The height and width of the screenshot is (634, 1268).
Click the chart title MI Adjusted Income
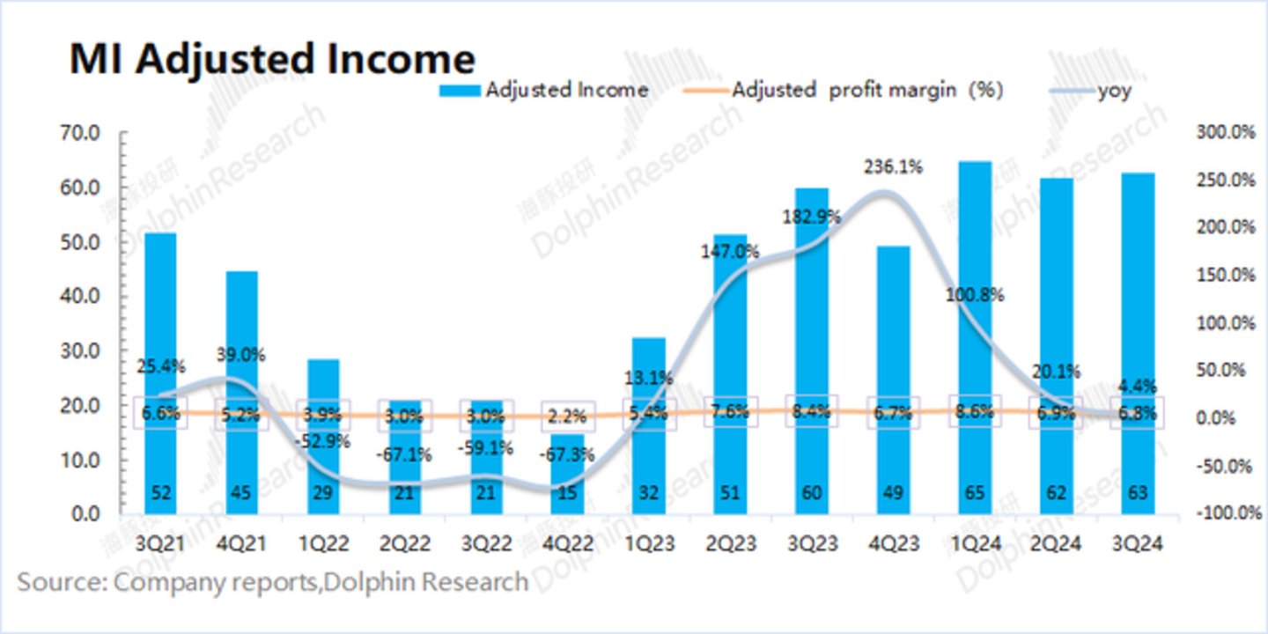pos(272,59)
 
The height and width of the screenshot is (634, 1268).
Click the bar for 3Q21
pos(160,370)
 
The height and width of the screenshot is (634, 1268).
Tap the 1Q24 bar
pos(974,335)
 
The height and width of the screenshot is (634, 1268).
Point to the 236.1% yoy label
pos(893,166)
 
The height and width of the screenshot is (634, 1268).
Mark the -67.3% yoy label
pos(567,455)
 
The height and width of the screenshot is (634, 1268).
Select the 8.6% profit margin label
pos(974,411)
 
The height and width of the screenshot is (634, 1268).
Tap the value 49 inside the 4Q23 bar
pos(892,493)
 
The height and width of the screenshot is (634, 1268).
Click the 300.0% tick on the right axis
pos(1225,132)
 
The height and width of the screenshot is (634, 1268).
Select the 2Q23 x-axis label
pos(730,545)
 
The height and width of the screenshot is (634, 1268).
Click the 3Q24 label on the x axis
pos(1137,545)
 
